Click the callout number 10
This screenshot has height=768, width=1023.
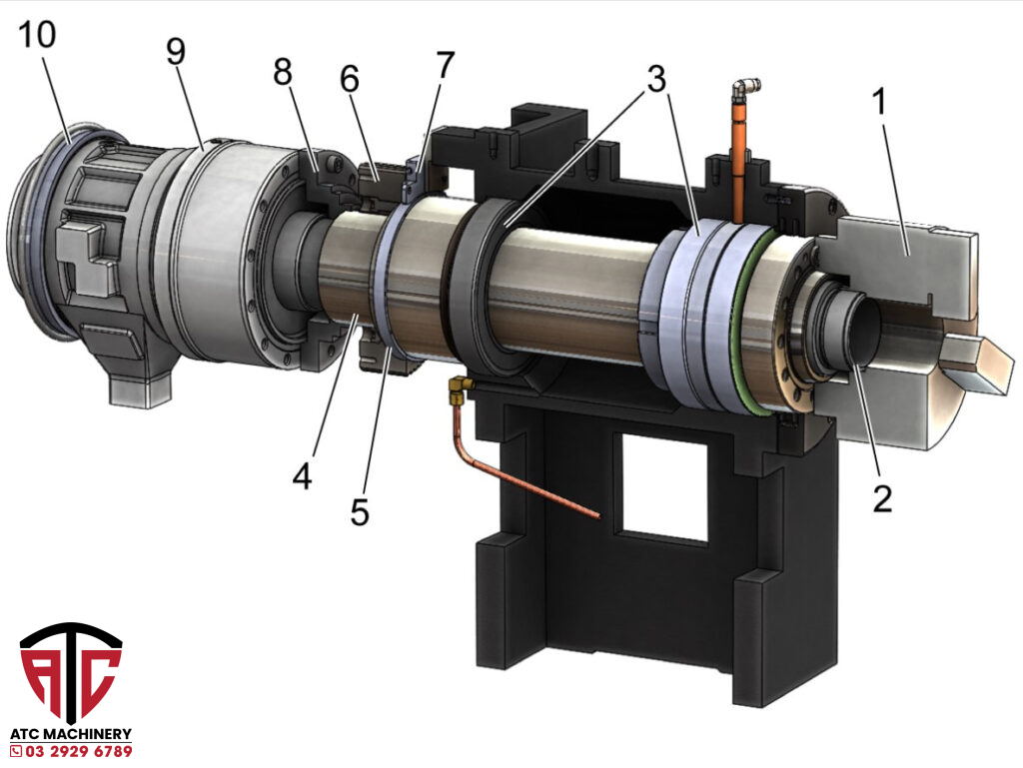click(37, 35)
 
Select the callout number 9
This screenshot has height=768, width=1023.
click(176, 51)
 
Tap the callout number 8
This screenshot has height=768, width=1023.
click(283, 71)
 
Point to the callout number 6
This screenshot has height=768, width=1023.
click(350, 80)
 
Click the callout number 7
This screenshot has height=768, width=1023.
click(445, 65)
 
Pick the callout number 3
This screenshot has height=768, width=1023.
click(656, 79)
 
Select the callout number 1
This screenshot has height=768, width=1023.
click(879, 101)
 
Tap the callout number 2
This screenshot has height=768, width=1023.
click(882, 498)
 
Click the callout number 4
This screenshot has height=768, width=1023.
click(302, 476)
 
